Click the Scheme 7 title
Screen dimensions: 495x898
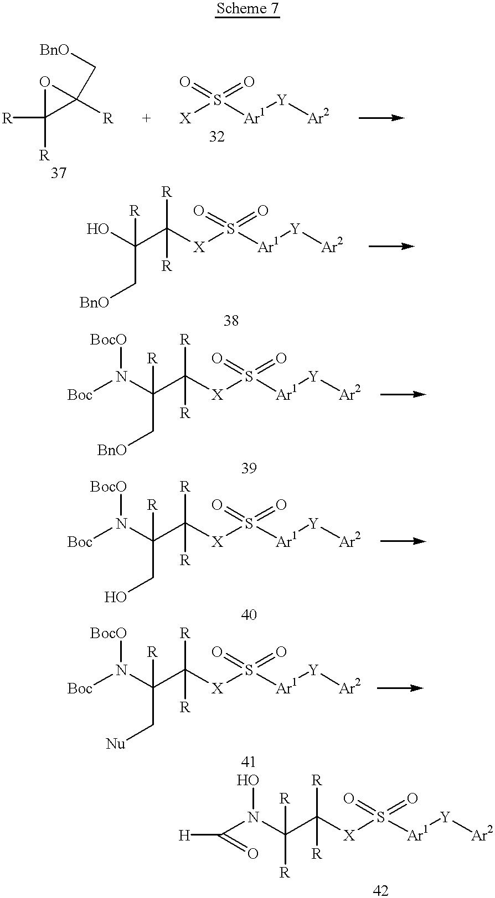pyautogui.click(x=248, y=9)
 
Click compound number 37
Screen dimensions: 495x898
pyautogui.click(x=59, y=173)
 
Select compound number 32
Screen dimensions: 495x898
pyautogui.click(x=217, y=137)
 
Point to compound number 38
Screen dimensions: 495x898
pyautogui.click(x=231, y=320)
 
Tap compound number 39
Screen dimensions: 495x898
pyautogui.click(x=249, y=468)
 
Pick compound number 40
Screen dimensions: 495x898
pyautogui.click(x=249, y=614)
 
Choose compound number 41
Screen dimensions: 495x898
pyautogui.click(x=249, y=761)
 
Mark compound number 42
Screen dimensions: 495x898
pyautogui.click(x=380, y=891)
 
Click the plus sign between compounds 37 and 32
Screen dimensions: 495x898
pyautogui.click(x=146, y=119)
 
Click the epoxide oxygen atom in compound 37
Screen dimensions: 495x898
pyautogui.click(x=45, y=82)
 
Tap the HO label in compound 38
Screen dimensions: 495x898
pyautogui.click(x=97, y=229)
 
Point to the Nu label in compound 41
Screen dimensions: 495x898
pyautogui.click(x=116, y=744)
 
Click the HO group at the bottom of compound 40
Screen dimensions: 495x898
pyautogui.click(x=116, y=597)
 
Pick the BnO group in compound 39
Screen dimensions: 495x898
pyautogui.click(x=112, y=450)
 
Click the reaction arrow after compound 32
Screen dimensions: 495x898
pyautogui.click(x=381, y=118)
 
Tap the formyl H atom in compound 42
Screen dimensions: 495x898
pyautogui.click(x=184, y=836)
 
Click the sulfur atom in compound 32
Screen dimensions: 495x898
pyautogui.click(x=217, y=101)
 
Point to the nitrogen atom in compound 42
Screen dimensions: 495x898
pyautogui.click(x=253, y=817)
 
